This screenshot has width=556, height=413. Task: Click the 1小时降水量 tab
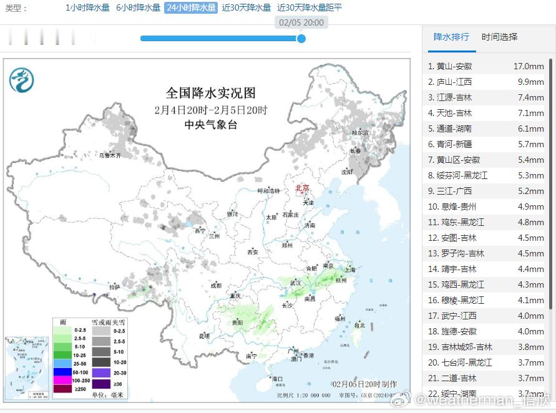pos(87,8)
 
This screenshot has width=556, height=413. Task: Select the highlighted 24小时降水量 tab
pos(190,8)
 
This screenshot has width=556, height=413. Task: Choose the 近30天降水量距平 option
pos(310,8)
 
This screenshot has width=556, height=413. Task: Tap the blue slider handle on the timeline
pos(301,39)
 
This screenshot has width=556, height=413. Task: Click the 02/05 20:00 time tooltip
pos(301,22)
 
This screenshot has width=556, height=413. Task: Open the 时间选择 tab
pos(499,37)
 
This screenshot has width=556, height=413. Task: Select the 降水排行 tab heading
pos(451,37)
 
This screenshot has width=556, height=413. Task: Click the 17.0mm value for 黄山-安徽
pos(529,66)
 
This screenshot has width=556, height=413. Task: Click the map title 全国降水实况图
pos(211,93)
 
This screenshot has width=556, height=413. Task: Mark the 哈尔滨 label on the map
pos(360,133)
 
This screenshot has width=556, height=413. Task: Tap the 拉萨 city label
pos(114,287)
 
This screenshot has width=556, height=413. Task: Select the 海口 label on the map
pos(277,379)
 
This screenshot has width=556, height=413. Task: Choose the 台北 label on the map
pos(359,325)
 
